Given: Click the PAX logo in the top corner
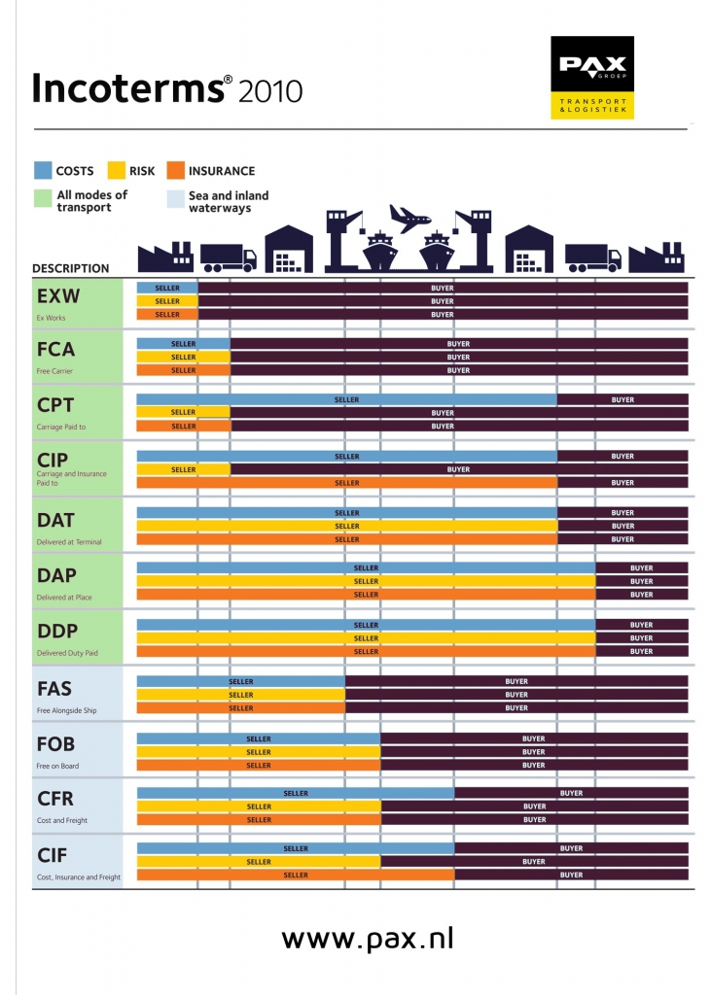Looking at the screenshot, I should [591, 78].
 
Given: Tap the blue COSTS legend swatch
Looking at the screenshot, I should [42, 171].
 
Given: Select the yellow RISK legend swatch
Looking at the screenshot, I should [117, 171].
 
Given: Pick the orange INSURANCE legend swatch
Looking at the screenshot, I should [176, 171].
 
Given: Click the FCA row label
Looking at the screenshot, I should [55, 350].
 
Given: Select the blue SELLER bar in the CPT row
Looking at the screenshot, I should [346, 399].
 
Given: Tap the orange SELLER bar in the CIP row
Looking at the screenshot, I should [346, 483].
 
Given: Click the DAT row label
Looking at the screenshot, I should [55, 519].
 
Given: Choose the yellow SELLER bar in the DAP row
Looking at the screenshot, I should [366, 581].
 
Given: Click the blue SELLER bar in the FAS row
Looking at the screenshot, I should [240, 682].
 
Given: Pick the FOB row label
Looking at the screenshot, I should [55, 744].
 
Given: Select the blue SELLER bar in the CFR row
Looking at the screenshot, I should [296, 793].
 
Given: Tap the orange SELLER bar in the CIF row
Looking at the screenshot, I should [296, 875].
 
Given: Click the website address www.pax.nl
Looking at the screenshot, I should [368, 939].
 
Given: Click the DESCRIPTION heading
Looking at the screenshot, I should [71, 268].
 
